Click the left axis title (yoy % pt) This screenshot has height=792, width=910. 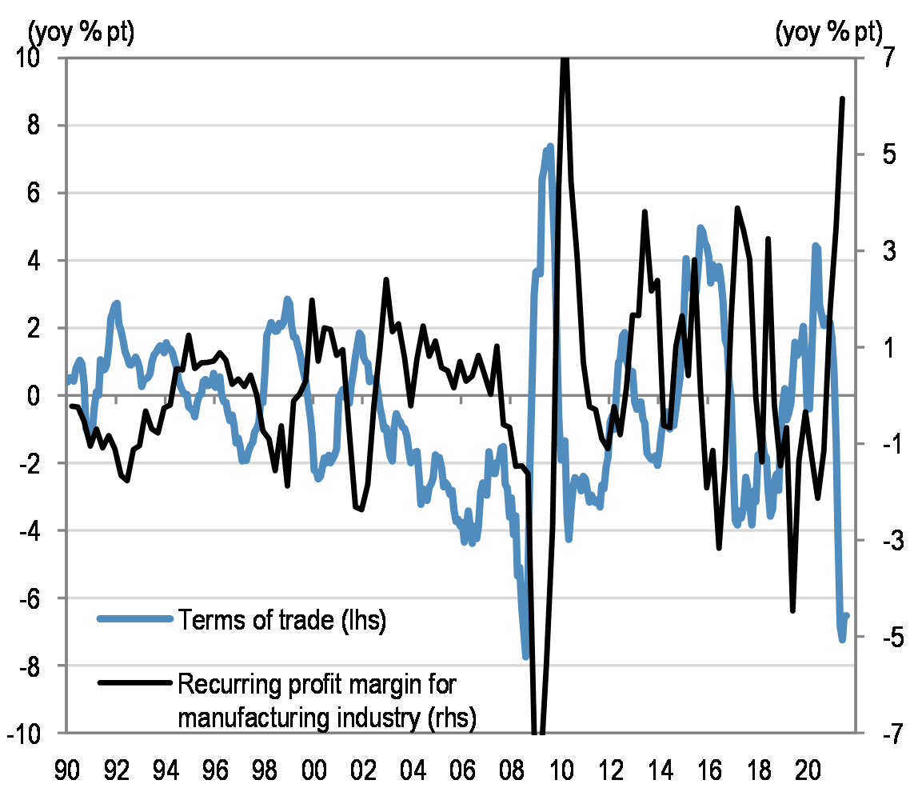point(82,33)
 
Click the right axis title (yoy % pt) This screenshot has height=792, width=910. point(828,33)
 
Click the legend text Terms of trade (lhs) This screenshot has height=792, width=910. point(282,620)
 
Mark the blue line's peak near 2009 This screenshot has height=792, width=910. point(550,146)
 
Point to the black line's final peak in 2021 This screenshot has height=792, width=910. point(842,99)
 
